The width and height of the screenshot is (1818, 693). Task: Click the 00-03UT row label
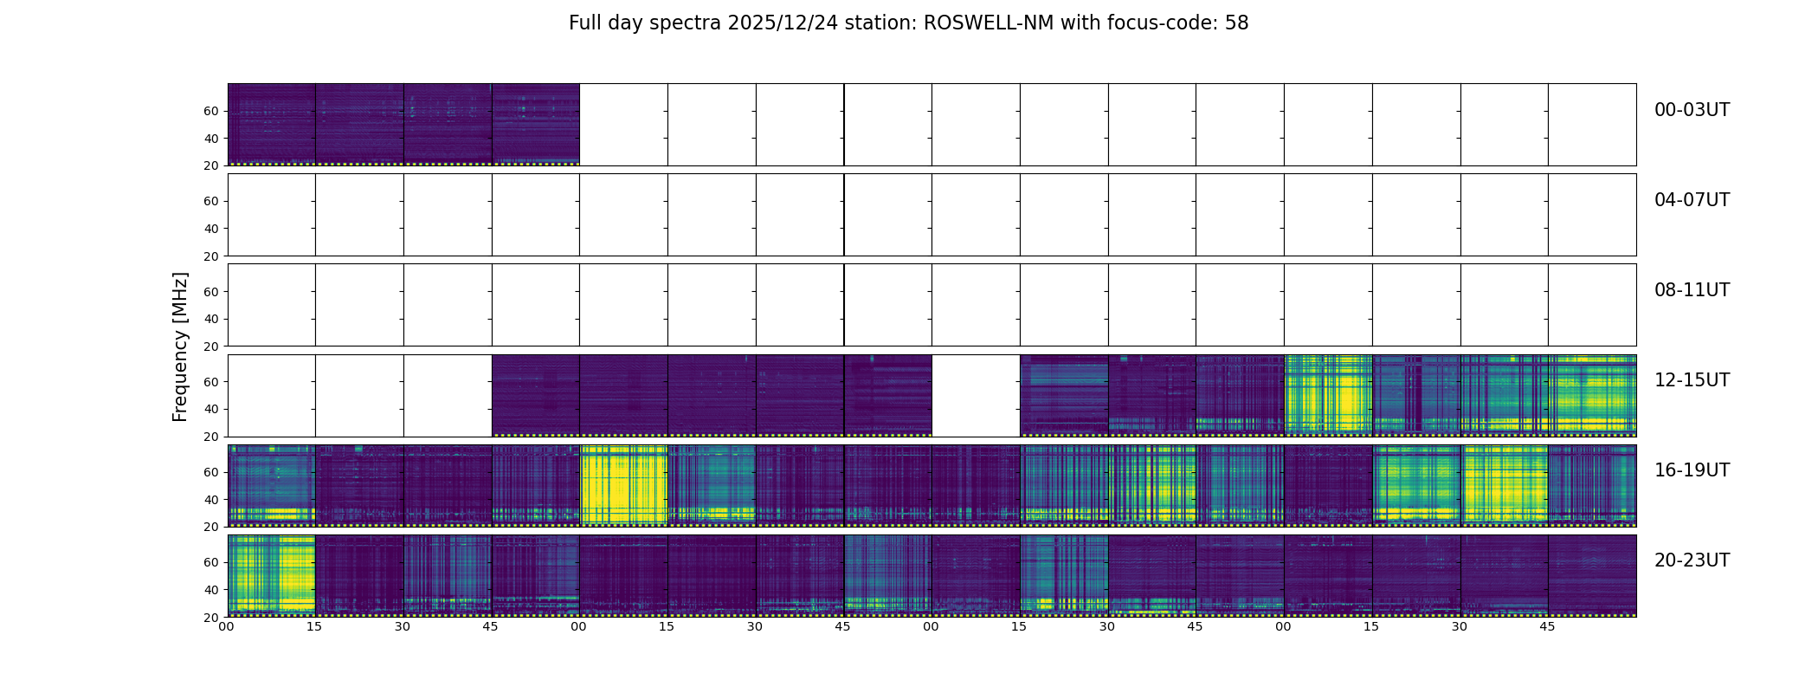[1692, 110]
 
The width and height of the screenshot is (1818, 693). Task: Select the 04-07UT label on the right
[1692, 200]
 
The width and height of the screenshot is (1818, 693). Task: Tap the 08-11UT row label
[1692, 290]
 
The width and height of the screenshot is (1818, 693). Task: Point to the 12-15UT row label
[1692, 380]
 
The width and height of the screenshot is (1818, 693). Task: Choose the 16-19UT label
[1692, 470]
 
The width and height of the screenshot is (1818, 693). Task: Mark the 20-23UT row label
[1692, 560]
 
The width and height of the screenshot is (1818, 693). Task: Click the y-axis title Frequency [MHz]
[180, 346]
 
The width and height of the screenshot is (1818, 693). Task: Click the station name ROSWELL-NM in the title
[989, 23]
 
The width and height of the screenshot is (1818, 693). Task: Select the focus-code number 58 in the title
[1236, 23]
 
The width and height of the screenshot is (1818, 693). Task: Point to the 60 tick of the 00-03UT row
[211, 111]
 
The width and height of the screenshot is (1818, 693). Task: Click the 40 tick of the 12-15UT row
[211, 409]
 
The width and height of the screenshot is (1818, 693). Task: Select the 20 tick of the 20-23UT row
[211, 618]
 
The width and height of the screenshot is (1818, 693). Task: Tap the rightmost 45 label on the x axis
[1547, 626]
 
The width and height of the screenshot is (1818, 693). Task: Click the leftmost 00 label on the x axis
[226, 626]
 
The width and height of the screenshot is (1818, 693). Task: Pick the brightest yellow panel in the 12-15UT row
[1328, 395]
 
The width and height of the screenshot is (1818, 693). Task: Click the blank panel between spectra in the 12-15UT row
[976, 395]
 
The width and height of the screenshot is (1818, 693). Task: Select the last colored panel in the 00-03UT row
[536, 124]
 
